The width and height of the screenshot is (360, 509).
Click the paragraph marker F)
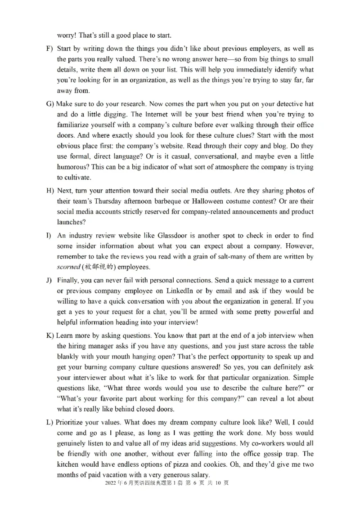[x=49, y=49]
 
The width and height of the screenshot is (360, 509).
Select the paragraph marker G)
[x=50, y=104]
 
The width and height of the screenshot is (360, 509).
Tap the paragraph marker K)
[x=50, y=336]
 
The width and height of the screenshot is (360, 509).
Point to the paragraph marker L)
[x=50, y=423]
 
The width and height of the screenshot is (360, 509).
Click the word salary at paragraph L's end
[x=198, y=475]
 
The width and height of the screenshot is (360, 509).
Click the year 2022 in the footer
[x=110, y=483]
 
